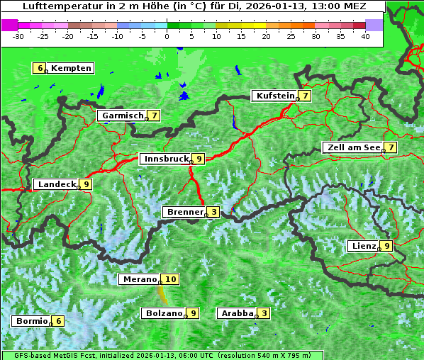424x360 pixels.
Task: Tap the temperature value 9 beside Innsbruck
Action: (x=199, y=159)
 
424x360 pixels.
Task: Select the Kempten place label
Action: (x=71, y=68)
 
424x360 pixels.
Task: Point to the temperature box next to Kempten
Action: (x=40, y=68)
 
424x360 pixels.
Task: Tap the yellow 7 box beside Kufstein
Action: (x=304, y=96)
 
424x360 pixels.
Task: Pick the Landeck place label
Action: (x=57, y=184)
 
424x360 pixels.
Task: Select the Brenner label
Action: (x=184, y=211)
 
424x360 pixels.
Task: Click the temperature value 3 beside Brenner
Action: (x=213, y=211)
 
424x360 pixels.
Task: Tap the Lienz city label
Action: (x=363, y=246)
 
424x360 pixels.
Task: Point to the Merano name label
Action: (x=139, y=279)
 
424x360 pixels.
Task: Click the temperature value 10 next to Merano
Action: (x=170, y=279)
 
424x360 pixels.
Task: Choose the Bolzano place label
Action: (x=164, y=313)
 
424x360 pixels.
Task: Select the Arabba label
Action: (x=238, y=313)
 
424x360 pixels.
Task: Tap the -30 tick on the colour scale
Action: (x=18, y=35)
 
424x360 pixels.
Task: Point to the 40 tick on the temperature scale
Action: (x=364, y=35)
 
